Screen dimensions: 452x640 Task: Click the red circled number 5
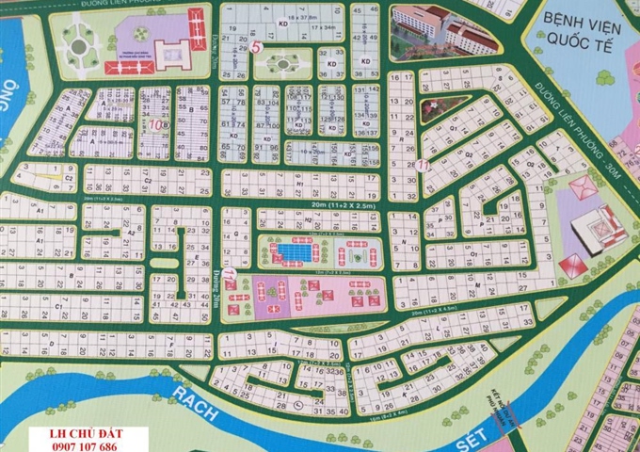pos(257,47)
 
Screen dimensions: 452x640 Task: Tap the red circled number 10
pos(155,123)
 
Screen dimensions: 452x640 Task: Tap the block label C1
pos(58,308)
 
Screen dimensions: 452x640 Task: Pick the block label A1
pos(40,214)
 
